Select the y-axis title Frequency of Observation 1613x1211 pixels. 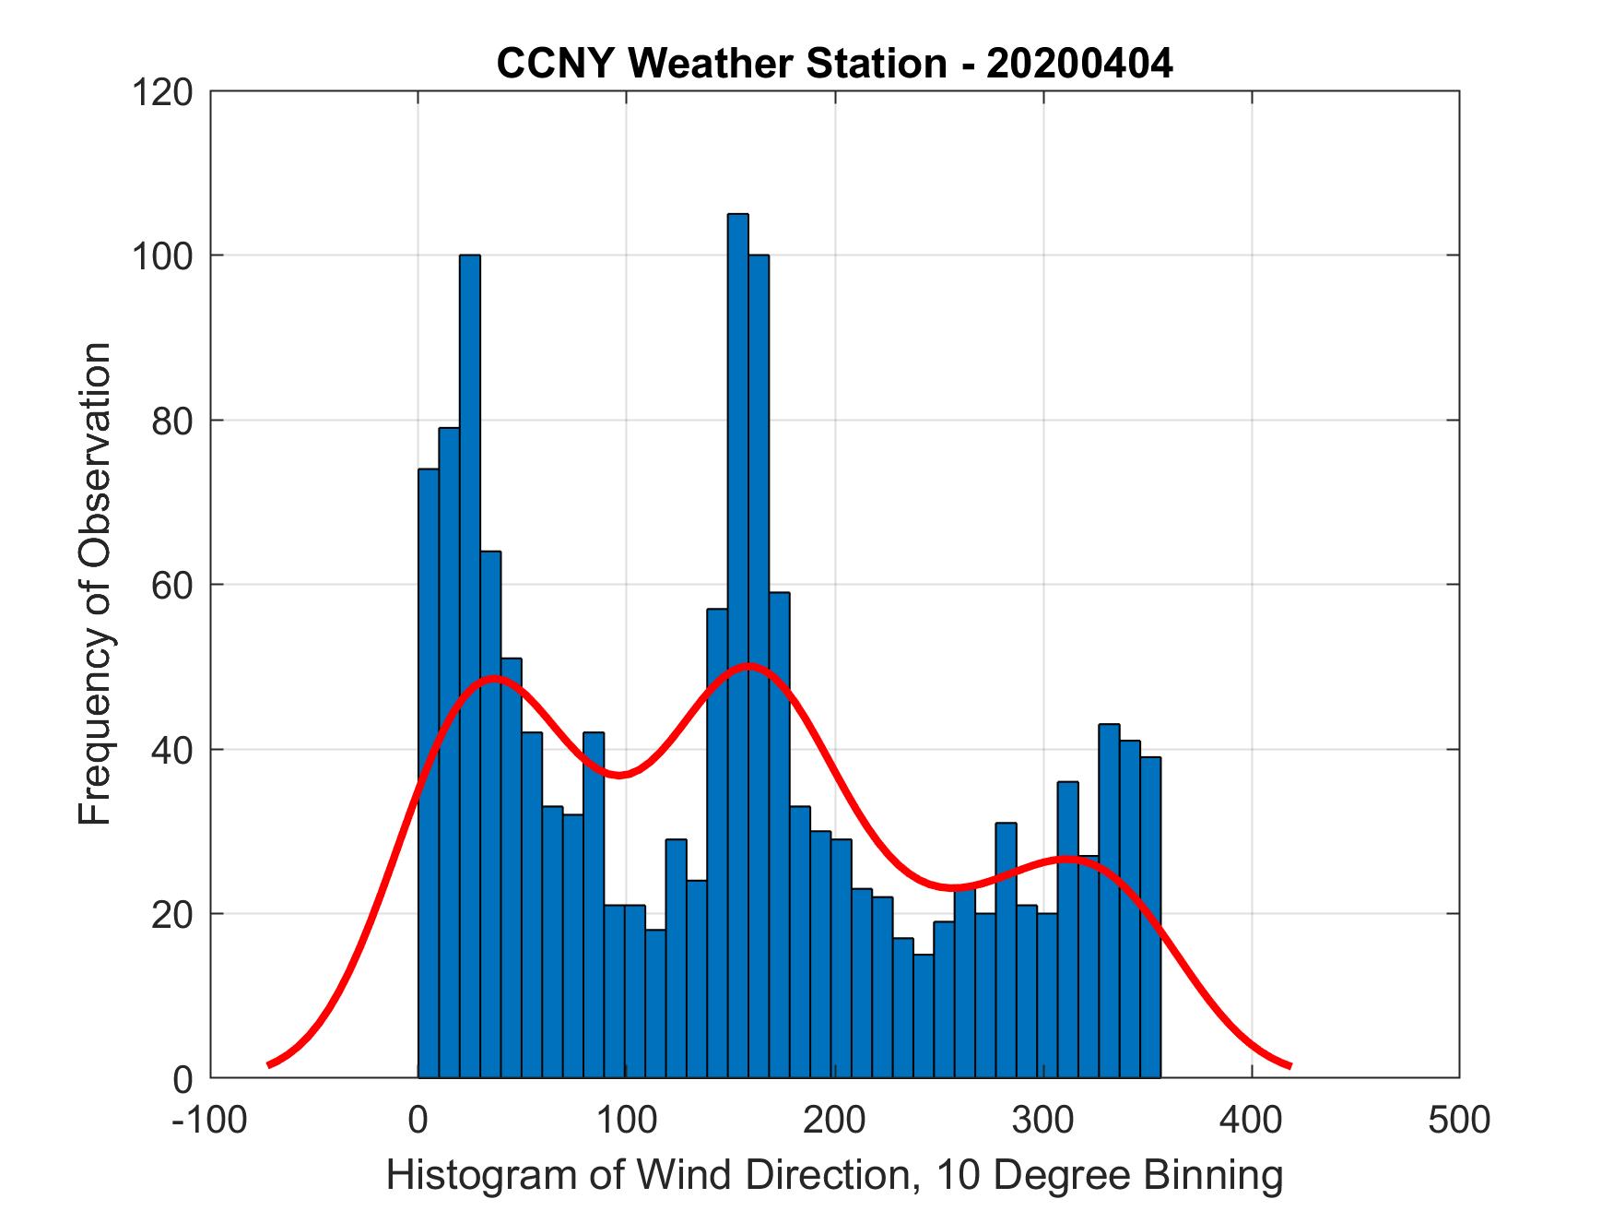click(x=95, y=584)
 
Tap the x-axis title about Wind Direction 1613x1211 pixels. click(x=834, y=1175)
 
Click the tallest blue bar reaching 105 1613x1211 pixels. click(x=737, y=646)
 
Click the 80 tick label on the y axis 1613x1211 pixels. click(x=171, y=421)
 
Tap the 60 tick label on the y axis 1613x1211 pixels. click(x=171, y=585)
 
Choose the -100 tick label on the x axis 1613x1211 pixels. click(x=208, y=1119)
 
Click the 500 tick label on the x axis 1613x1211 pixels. click(x=1459, y=1119)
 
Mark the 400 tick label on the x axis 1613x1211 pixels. click(x=1251, y=1119)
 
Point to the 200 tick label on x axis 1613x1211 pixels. click(x=834, y=1119)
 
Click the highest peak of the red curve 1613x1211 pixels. click(x=748, y=665)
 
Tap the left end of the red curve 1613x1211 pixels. click(x=269, y=1064)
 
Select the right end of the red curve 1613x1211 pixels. click(x=1289, y=1065)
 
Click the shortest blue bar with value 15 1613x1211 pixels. click(x=924, y=1015)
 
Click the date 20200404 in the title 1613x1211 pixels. click(x=1079, y=64)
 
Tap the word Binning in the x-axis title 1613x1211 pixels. click(x=1212, y=1175)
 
